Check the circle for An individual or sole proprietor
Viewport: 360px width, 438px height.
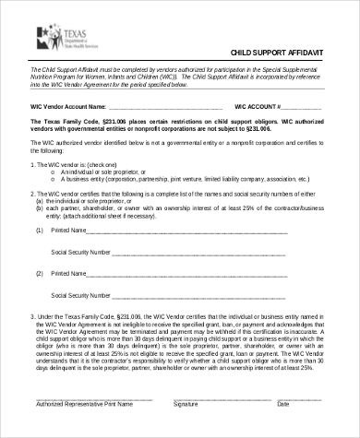point(53,172)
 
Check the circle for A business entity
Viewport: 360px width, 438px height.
point(53,179)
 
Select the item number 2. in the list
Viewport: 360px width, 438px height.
point(33,195)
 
